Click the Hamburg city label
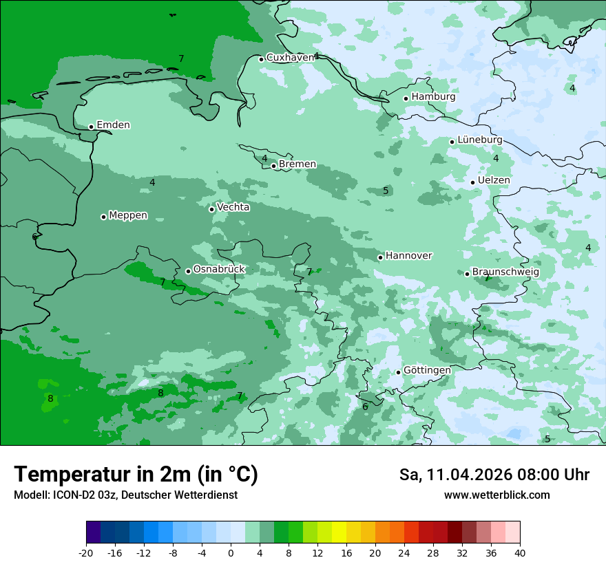(433, 97)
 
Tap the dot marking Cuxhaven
(261, 59)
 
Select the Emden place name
(113, 125)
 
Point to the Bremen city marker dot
(273, 166)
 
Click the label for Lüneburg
(479, 140)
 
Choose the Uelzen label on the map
(494, 180)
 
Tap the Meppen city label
(128, 215)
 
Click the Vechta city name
(233, 207)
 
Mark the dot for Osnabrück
(188, 271)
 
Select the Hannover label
(408, 256)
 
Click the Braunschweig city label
(505, 272)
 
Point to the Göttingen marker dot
(398, 372)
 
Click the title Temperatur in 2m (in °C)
(136, 475)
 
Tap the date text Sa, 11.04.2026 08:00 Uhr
(494, 475)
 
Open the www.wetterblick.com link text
(497, 495)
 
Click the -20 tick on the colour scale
(86, 552)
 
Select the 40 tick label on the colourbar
(520, 552)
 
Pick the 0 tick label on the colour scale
(231, 552)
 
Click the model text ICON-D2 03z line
(125, 495)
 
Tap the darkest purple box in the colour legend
(93, 533)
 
